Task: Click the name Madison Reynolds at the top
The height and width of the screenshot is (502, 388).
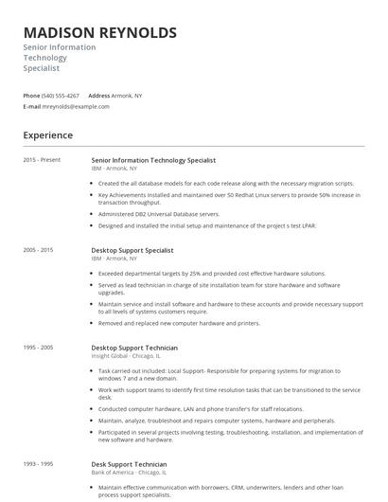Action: coord(99,32)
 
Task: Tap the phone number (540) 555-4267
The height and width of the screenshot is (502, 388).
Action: coord(62,96)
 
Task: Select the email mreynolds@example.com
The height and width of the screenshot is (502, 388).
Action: coord(77,106)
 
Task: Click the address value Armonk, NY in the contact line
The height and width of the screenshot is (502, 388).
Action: coord(127,96)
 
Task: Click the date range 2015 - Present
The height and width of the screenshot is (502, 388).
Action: coord(42,160)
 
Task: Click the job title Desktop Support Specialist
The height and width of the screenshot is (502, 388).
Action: coord(132,250)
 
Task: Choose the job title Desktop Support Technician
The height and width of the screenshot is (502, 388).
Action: coord(135,348)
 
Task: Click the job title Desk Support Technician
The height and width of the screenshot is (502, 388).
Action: coord(129,464)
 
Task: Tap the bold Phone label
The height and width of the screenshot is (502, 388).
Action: coord(31,96)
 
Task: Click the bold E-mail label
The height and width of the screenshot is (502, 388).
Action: coord(31,106)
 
